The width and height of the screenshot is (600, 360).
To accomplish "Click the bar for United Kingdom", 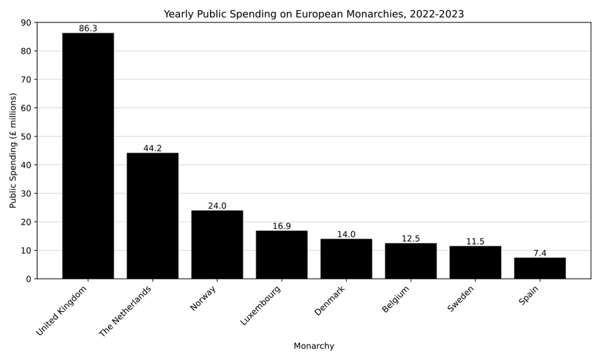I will click(x=88, y=156).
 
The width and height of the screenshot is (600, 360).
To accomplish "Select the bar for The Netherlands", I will click(x=153, y=216).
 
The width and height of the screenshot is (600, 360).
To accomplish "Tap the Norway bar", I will click(x=217, y=245).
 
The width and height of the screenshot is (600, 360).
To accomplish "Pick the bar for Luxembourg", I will click(x=281, y=255).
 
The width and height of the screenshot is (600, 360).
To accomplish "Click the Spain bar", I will click(x=539, y=268).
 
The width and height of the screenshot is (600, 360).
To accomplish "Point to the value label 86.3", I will click(x=88, y=29).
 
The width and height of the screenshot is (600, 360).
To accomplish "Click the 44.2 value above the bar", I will click(x=153, y=149).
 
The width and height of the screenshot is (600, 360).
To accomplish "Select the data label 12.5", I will click(x=411, y=239).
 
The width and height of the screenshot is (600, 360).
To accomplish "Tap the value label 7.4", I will click(x=539, y=253).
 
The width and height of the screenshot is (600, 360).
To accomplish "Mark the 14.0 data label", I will click(x=346, y=235).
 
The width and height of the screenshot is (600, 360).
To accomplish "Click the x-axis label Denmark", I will click(x=331, y=301).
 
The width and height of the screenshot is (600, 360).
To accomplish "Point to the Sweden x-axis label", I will click(x=461, y=299).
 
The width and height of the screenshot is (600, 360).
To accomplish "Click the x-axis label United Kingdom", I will click(x=62, y=311).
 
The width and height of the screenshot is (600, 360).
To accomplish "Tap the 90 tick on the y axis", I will click(x=26, y=23).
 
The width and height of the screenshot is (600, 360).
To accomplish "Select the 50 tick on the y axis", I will click(x=26, y=137).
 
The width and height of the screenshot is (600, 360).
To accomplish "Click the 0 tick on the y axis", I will click(x=28, y=279).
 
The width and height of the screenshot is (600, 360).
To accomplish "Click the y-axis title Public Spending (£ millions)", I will click(x=13, y=150).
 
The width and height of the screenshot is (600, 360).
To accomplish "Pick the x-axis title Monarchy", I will click(x=313, y=346).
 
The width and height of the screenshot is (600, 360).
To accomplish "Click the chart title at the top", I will click(x=313, y=14).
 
